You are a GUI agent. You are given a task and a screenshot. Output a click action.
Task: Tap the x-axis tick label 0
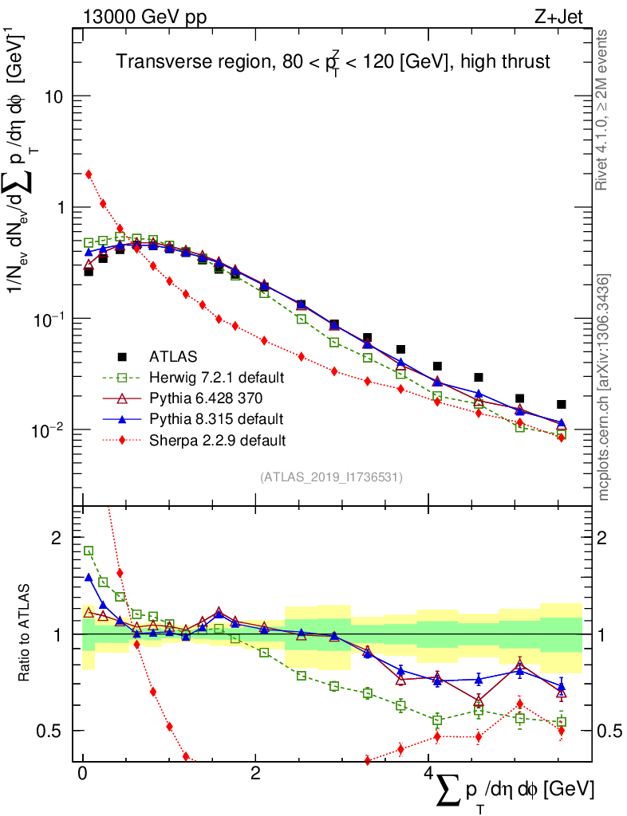pyautogui.click(x=82, y=774)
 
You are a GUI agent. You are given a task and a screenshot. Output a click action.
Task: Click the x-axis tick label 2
pyautogui.click(x=255, y=774)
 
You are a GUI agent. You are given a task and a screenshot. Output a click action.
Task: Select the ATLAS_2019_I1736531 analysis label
pyautogui.click(x=331, y=477)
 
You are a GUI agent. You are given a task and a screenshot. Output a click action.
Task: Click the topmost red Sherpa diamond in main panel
pyautogui.click(x=89, y=174)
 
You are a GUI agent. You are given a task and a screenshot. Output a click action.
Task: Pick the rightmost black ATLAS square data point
pyautogui.click(x=562, y=404)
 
